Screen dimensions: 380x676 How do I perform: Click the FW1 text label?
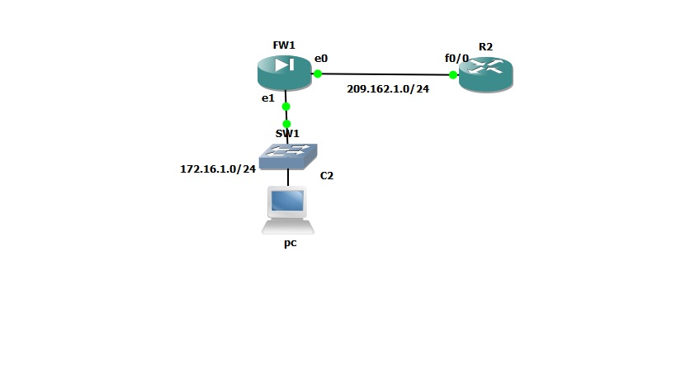point(284,45)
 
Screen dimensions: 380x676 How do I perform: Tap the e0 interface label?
point(321,59)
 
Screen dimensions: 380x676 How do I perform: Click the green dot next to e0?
point(318,74)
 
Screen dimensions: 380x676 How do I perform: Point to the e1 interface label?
point(267,98)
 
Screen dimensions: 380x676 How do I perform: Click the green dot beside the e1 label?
point(286,106)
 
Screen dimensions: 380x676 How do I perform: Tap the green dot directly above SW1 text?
point(286,124)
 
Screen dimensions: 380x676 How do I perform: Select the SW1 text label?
point(287,134)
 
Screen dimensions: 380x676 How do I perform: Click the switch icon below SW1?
point(288,154)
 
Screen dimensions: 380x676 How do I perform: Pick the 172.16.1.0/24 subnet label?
point(218,169)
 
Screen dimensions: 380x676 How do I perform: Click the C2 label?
point(327,175)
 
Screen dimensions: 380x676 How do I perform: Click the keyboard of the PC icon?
point(287,226)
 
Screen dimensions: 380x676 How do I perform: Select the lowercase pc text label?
point(290,244)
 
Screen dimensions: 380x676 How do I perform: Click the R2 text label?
point(485,46)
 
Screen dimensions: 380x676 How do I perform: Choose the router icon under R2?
point(485,75)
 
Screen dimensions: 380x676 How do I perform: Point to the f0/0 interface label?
point(456,59)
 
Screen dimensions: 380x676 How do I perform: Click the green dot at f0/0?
point(453,74)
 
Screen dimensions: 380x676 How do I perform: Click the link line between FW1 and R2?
point(385,74)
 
